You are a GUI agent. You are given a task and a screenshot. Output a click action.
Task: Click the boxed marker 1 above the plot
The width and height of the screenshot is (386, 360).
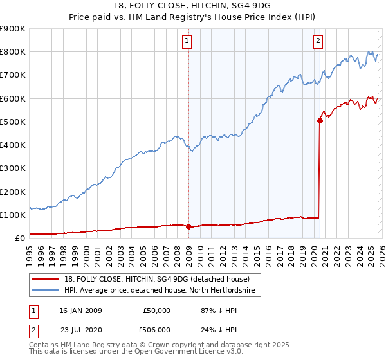coord(187,42)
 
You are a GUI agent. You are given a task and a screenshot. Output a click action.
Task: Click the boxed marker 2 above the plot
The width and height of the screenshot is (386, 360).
coord(318,42)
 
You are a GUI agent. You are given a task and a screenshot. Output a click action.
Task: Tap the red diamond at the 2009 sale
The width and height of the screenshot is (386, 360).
coord(188,226)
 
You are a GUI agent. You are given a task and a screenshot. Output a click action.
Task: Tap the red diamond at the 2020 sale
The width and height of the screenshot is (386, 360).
coord(320,120)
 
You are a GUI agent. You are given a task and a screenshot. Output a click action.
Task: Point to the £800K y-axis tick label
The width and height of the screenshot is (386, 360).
coord(13,52)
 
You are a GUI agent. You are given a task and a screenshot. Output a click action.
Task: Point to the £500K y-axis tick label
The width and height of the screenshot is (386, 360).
coord(13,122)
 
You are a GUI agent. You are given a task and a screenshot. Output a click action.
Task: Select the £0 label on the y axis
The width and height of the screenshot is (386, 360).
coord(19,238)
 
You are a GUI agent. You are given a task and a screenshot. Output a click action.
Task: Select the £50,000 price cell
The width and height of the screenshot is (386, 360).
coord(156,310)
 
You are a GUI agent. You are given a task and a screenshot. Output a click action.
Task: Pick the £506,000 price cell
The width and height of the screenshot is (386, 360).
coord(154,330)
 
